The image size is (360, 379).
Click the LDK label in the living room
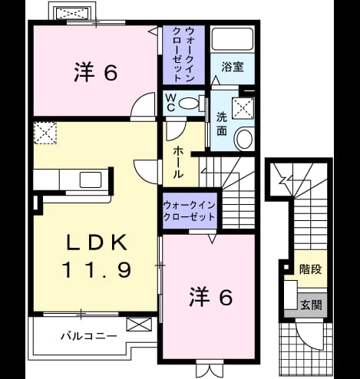(x=97, y=242)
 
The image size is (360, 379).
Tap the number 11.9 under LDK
(x=97, y=270)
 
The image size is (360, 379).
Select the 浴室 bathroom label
(x=233, y=67)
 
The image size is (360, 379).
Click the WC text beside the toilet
(x=170, y=103)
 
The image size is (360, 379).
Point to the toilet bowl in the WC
(x=189, y=104)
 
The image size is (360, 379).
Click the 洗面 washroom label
(x=222, y=124)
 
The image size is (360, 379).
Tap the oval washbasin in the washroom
(x=244, y=139)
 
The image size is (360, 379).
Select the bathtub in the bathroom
(x=233, y=39)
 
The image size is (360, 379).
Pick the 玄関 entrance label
(x=311, y=305)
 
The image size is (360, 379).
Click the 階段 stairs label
(x=311, y=269)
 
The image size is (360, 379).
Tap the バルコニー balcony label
(x=89, y=336)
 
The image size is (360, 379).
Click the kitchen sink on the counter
(x=91, y=180)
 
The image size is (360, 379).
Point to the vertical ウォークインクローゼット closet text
(x=183, y=54)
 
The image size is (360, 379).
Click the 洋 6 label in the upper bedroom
(x=96, y=72)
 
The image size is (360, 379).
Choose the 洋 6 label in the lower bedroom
(x=211, y=297)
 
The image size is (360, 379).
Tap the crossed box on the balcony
(x=139, y=325)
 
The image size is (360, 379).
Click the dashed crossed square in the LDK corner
(x=45, y=133)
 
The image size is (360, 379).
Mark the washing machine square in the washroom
(x=243, y=108)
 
